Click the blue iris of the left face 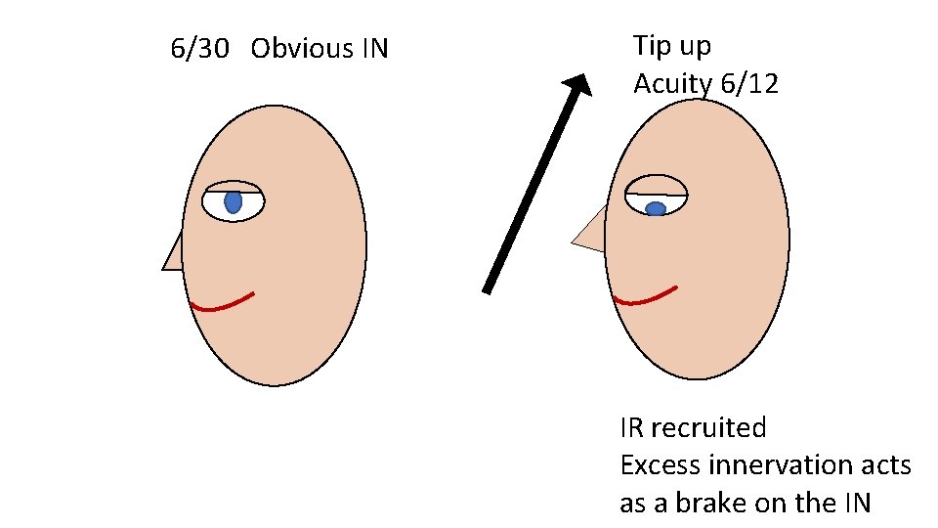point(233,202)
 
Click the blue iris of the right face point(656,208)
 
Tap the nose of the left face point(174,254)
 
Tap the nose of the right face point(590,233)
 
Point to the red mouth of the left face point(223,304)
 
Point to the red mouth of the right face point(643,296)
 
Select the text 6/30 point(198,48)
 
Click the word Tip point(652,46)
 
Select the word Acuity point(673,85)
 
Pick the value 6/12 point(749,84)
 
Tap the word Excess point(657,465)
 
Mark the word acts point(889,465)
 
